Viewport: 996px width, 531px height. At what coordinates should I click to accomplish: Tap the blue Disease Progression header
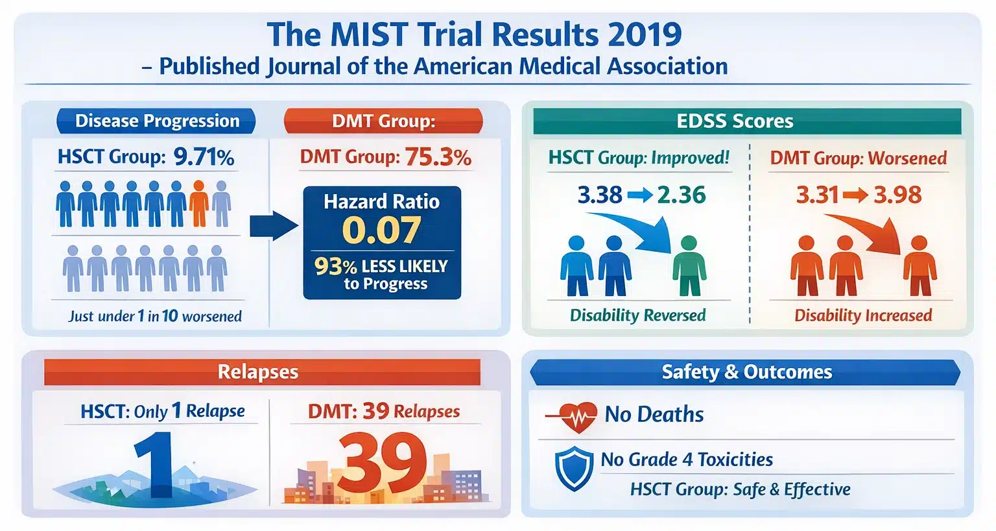[156, 121]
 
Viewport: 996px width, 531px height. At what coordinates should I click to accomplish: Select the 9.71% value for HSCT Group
[204, 157]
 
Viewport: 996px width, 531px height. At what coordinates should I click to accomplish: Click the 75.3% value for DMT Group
[438, 157]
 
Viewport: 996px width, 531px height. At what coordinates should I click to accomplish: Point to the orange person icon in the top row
[199, 203]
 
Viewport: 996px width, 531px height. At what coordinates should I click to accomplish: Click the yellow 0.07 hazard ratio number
[381, 230]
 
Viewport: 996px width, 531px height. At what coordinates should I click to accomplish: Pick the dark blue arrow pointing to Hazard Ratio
[273, 225]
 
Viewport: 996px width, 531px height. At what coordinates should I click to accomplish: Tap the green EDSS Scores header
[735, 121]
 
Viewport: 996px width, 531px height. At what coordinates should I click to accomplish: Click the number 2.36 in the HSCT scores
[681, 195]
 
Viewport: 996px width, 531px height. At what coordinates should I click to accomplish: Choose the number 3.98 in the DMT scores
[897, 195]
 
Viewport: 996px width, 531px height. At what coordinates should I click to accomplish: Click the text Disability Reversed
[637, 315]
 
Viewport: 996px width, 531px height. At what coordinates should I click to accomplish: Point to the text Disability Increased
[863, 315]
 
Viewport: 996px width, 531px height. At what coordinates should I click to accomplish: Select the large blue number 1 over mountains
[154, 464]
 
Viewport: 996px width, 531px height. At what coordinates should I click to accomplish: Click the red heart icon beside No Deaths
[577, 415]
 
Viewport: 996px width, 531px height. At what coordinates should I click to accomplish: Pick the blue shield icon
[574, 468]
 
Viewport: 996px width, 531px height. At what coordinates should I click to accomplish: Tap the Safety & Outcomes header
[746, 372]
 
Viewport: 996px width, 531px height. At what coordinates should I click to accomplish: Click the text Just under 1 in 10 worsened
[155, 316]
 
